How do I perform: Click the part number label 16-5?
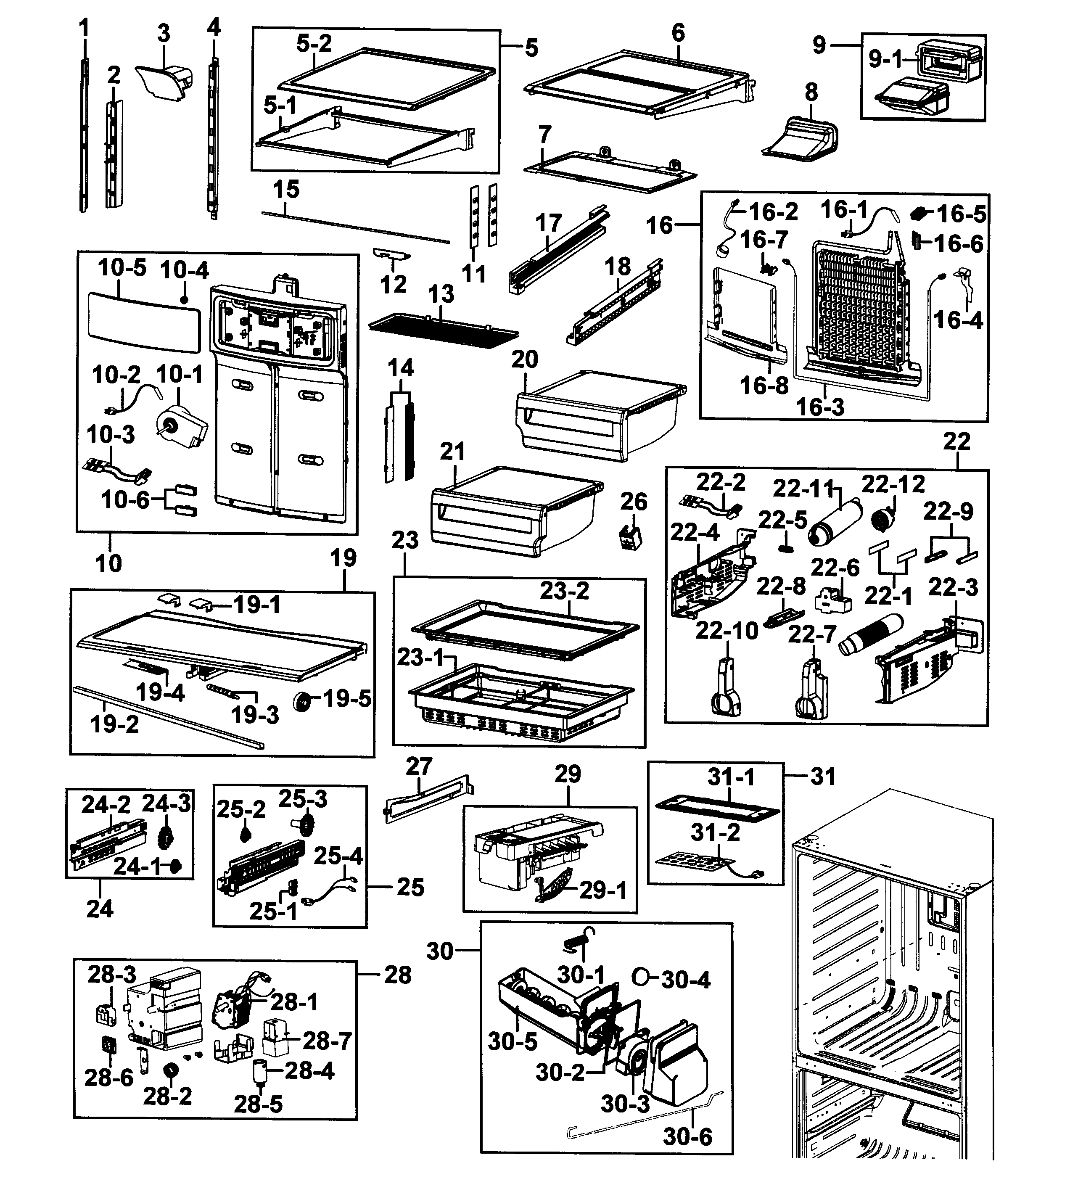pos(961,214)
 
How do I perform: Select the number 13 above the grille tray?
pos(441,294)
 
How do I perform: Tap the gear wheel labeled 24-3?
pos(166,839)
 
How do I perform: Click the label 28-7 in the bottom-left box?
pos(326,1041)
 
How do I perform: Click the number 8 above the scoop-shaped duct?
pos(811,92)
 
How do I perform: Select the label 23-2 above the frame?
pos(564,591)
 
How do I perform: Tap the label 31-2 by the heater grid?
pos(715,832)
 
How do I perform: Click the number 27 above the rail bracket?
pos(419,766)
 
